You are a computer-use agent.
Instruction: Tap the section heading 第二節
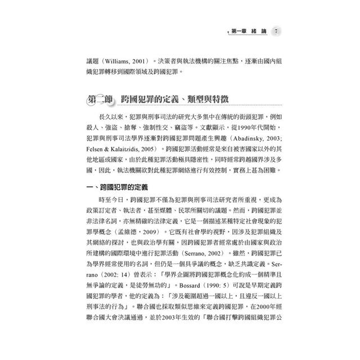pos(100,99)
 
